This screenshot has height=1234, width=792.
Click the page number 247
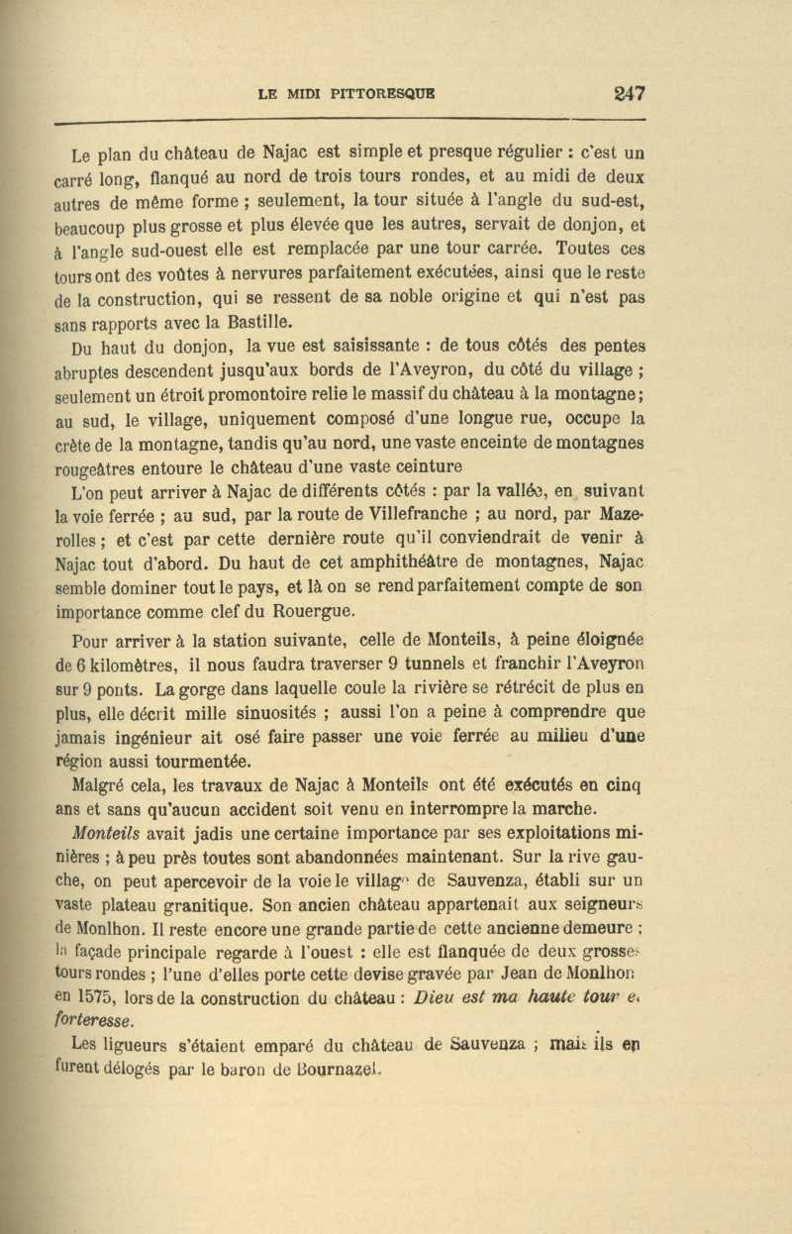click(628, 94)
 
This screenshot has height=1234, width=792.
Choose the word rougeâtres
click(97, 469)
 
